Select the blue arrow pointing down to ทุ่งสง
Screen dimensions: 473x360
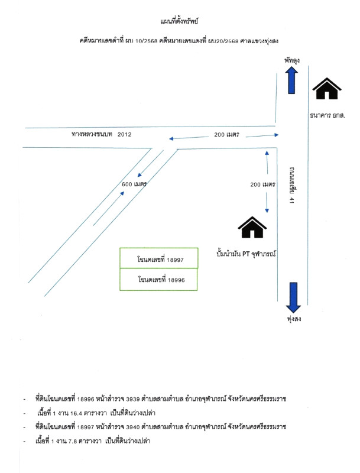(x=293, y=297)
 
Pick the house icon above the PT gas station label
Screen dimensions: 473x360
(x=251, y=228)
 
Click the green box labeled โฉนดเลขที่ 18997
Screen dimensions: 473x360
(x=160, y=259)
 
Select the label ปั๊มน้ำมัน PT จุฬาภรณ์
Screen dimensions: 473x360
(x=248, y=253)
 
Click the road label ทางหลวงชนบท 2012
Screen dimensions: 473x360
(x=99, y=135)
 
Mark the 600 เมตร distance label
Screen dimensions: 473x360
(x=134, y=184)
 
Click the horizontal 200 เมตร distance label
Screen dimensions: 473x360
(x=226, y=135)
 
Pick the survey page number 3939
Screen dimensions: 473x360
(x=136, y=400)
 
